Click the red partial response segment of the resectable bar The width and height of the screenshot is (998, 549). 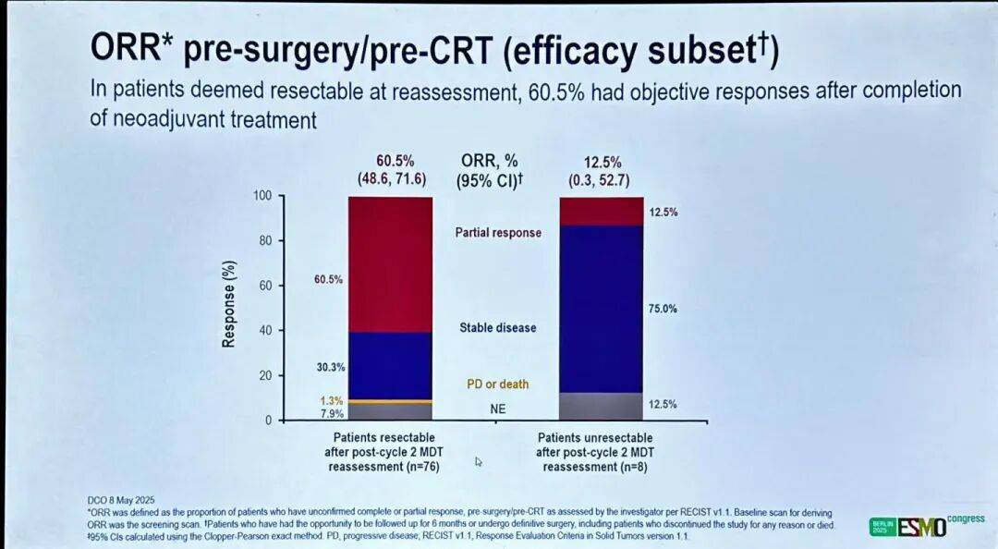[x=390, y=264]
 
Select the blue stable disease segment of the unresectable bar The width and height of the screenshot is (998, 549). [x=602, y=309]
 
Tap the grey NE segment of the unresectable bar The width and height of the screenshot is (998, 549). [x=602, y=407]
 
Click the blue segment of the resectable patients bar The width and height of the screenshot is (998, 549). [x=390, y=366]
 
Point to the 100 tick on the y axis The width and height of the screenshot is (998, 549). [x=265, y=197]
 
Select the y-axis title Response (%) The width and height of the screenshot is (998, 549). [x=228, y=309]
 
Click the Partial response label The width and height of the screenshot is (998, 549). [x=498, y=233]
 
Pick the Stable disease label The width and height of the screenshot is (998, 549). [x=498, y=328]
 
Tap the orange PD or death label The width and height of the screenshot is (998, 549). [x=498, y=384]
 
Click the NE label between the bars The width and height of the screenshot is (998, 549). [x=498, y=407]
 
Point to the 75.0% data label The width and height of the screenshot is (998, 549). [x=663, y=309]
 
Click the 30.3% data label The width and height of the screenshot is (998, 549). [x=329, y=367]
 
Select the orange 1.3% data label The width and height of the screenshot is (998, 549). [x=330, y=401]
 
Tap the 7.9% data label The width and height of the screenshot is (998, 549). [x=330, y=413]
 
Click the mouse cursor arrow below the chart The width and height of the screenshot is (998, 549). [x=479, y=460]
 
